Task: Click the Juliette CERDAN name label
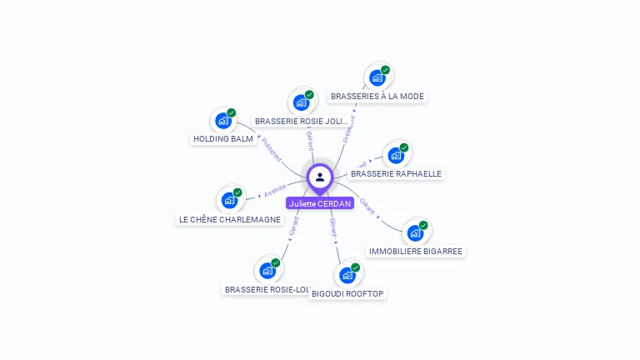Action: (320, 203)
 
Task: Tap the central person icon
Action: (320, 177)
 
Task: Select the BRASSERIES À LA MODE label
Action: (377, 97)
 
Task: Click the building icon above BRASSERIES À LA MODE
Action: (377, 77)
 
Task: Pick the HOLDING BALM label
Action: (223, 138)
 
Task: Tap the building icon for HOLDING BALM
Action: (223, 120)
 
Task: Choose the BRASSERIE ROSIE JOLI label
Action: (301, 121)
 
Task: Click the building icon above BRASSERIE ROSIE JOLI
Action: (301, 102)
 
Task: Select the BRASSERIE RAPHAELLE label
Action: (396, 173)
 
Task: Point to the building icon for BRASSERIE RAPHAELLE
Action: (396, 155)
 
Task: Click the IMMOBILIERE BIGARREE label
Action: (415, 251)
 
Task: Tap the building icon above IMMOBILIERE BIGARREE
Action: (415, 232)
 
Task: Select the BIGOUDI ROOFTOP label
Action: (347, 293)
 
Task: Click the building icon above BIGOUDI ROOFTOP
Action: (347, 275)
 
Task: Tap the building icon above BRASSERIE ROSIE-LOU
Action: (267, 270)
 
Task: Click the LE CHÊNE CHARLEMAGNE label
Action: (230, 219)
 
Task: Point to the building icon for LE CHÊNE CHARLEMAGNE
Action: (230, 200)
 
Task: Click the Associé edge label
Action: (275, 191)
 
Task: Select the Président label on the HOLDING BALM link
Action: (272, 150)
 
